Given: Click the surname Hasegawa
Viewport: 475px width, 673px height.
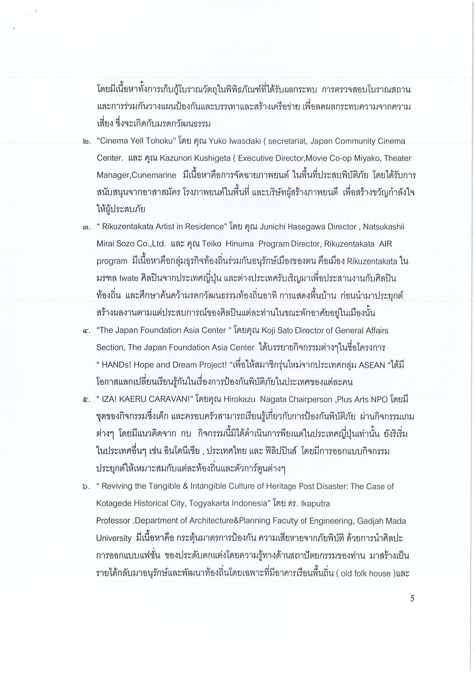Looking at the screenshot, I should tap(299, 227).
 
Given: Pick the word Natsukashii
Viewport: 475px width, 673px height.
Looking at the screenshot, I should tap(384, 227).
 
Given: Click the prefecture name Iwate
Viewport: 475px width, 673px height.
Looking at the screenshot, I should tap(129, 278).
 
